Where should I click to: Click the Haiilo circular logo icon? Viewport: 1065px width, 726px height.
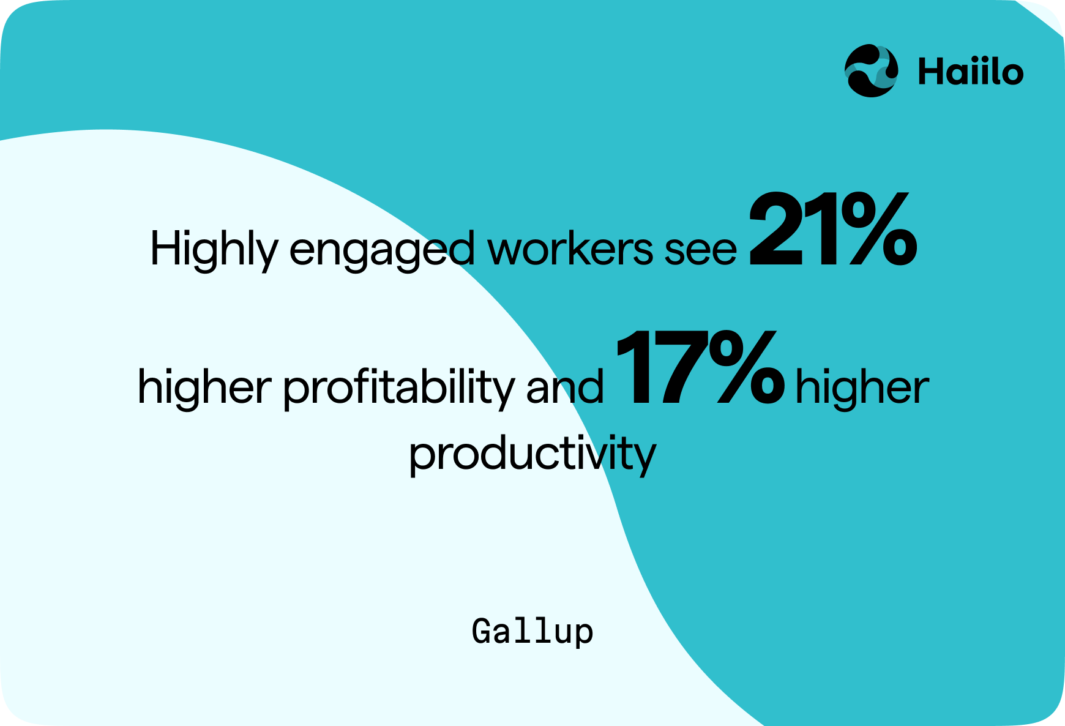click(872, 71)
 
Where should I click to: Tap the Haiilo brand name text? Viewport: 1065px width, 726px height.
click(971, 72)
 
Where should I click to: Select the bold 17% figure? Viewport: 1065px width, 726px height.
click(700, 367)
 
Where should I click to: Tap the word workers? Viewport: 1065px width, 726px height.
click(570, 249)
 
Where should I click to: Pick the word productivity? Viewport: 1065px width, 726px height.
click(532, 454)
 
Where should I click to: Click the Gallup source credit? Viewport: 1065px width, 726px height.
click(532, 632)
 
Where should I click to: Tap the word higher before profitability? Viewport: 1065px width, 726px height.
click(204, 387)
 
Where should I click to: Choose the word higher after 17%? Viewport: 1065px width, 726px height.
click(862, 387)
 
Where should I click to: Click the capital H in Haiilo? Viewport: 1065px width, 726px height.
click(930, 72)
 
